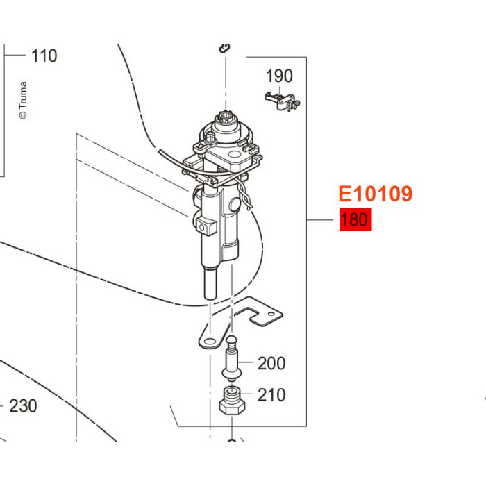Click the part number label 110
(44, 56)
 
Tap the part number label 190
(279, 76)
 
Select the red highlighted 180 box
(355, 219)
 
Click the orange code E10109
(376, 194)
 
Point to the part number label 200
(271, 363)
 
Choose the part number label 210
(271, 395)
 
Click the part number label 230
(23, 406)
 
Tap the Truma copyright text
(23, 101)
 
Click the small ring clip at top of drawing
(224, 48)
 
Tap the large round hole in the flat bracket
(210, 342)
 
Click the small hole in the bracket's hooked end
(271, 314)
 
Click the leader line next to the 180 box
(320, 220)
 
